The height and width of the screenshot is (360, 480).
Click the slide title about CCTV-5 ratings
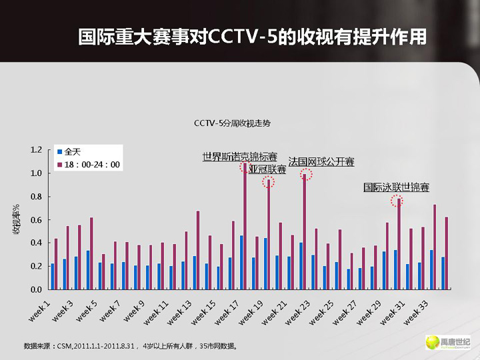point(252,37)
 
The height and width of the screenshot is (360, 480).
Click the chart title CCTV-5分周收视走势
point(233,123)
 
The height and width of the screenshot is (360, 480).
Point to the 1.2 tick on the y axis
point(37,150)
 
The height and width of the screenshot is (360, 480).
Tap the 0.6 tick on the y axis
point(37,220)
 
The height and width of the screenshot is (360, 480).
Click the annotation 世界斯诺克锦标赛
point(240,157)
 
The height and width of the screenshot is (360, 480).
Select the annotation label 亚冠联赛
point(267,169)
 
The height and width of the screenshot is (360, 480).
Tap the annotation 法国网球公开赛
point(321,162)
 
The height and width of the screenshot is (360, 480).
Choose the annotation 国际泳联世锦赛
point(396,187)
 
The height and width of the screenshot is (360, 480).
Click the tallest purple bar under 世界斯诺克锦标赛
point(245,227)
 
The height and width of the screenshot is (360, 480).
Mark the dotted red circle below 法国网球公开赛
point(305,175)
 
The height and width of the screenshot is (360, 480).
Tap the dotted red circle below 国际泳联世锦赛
point(397,200)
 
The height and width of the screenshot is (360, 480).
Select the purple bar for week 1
point(56,264)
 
